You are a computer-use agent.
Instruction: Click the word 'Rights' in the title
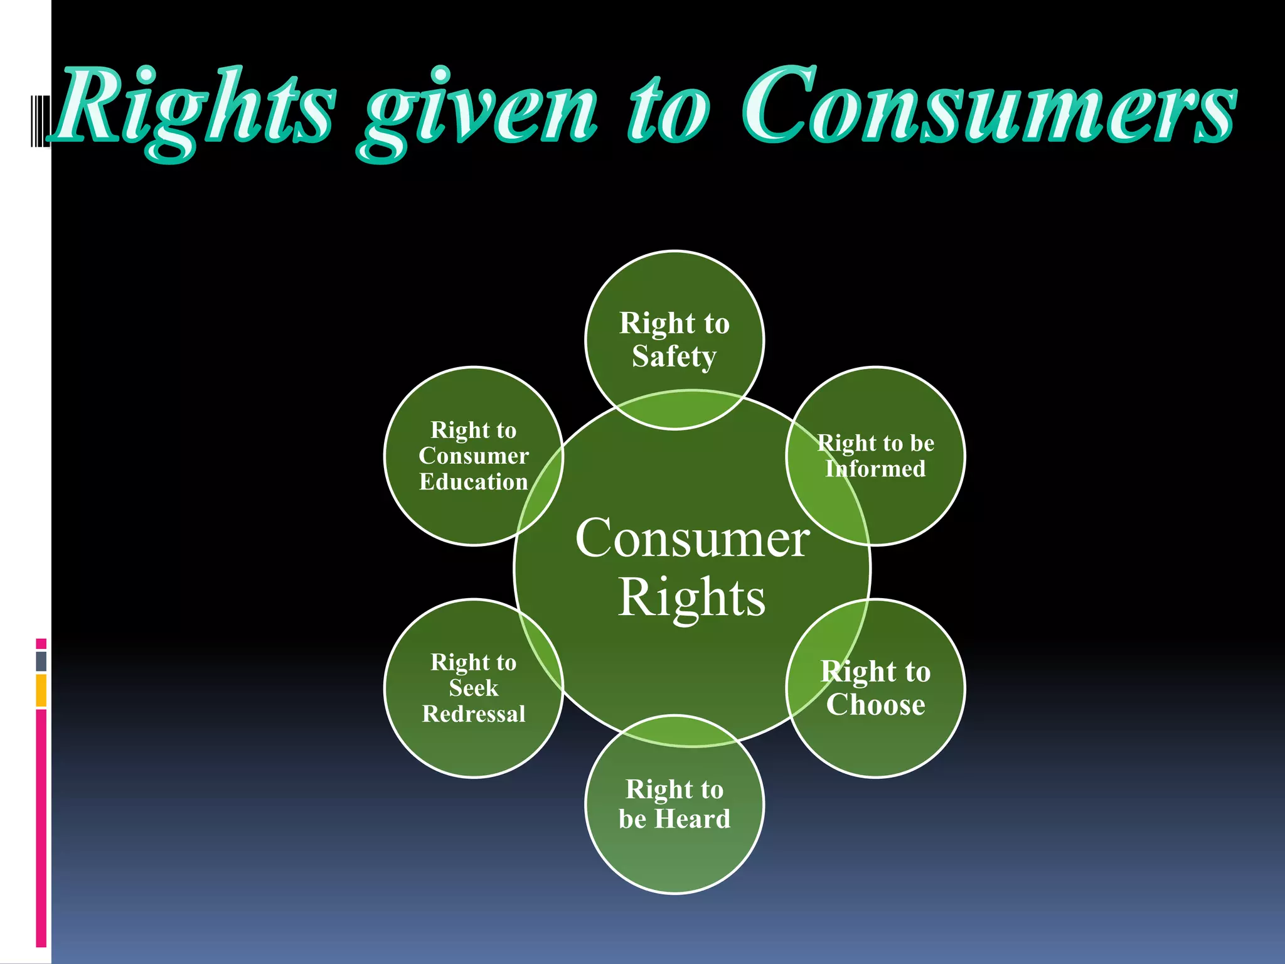[195, 107]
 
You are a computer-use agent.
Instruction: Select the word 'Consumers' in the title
[988, 107]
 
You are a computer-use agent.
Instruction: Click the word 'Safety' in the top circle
[674, 356]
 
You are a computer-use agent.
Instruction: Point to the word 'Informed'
[875, 469]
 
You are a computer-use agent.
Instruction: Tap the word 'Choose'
[875, 704]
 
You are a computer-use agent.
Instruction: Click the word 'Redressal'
[474, 714]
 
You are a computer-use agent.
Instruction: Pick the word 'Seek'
[474, 688]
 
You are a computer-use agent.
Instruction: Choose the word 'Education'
[474, 482]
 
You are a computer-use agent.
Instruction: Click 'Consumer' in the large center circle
[692, 538]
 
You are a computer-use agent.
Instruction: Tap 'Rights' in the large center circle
[692, 597]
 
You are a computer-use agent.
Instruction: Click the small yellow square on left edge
[41, 690]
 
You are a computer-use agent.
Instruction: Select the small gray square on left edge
[41, 661]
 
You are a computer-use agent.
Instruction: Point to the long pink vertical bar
[41, 828]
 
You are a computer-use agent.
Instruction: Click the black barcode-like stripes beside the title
[40, 120]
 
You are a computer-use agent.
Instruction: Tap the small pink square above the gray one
[41, 643]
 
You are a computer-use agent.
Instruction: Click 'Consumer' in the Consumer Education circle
[474, 456]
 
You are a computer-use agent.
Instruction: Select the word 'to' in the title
[668, 110]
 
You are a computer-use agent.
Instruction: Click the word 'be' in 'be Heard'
[632, 819]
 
